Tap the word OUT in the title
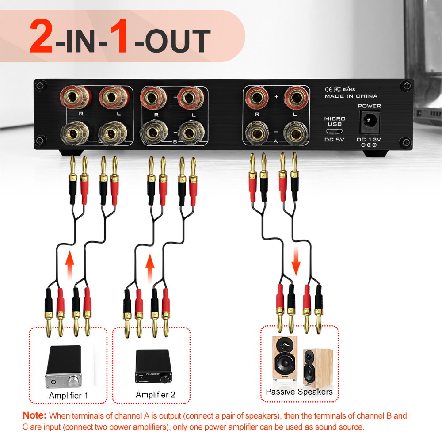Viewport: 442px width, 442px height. point(172,41)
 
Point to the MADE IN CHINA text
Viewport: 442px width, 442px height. point(351,96)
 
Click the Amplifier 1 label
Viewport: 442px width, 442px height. point(69,396)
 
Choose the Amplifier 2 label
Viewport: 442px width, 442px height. point(155,395)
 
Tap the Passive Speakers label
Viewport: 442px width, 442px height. point(299,392)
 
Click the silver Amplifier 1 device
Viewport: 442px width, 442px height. point(64,367)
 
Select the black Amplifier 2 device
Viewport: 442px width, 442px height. point(152,366)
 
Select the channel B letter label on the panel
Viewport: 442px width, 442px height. point(175,142)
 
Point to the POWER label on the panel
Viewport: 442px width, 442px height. point(369,106)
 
